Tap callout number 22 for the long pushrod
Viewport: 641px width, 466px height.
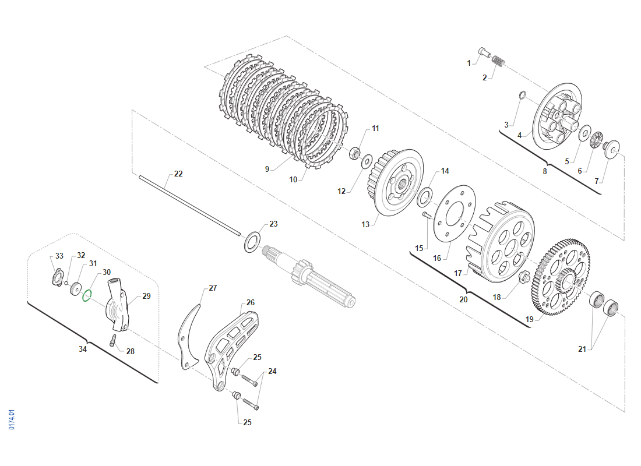click(178, 174)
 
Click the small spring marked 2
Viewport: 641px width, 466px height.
click(499, 61)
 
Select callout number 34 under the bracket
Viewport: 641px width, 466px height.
click(83, 349)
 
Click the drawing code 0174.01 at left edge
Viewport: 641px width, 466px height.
click(12, 420)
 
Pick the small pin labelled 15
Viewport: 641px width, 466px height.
click(426, 216)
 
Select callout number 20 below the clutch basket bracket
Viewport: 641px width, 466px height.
click(463, 299)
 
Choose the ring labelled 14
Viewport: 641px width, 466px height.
click(425, 197)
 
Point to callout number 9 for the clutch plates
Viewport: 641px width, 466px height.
click(267, 169)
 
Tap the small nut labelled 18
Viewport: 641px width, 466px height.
click(523, 277)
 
